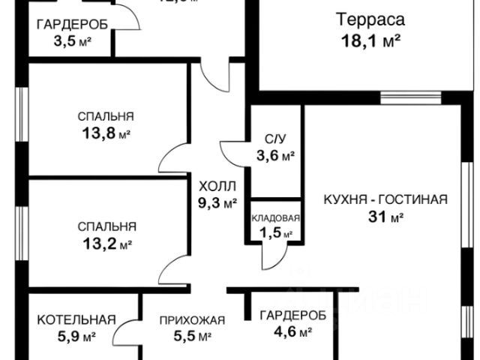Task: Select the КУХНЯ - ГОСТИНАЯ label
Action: pos(385,199)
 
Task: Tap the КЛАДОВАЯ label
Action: pos(275,218)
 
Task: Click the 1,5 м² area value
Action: pos(275,233)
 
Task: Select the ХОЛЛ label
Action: pos(217,185)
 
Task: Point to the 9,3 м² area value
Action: pos(217,202)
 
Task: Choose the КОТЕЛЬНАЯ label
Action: pos(76,319)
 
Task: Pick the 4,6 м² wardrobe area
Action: pos(292,331)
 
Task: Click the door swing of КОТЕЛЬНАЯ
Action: pos(129,334)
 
